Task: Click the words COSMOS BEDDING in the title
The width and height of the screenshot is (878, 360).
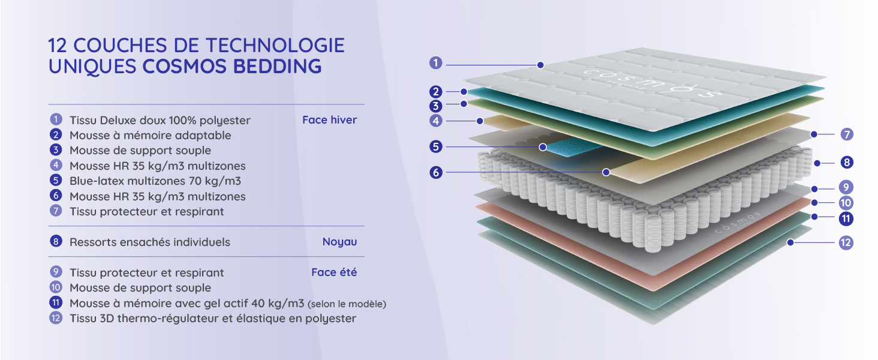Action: click(x=232, y=66)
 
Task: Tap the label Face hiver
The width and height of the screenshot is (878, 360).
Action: click(x=329, y=120)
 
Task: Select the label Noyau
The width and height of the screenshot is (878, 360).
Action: click(x=339, y=242)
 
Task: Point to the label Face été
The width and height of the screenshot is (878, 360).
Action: click(x=334, y=272)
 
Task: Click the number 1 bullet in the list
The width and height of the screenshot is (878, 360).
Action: click(x=56, y=120)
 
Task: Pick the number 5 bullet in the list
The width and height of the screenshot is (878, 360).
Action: click(x=56, y=180)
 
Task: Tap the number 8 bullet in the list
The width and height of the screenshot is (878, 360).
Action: click(x=56, y=242)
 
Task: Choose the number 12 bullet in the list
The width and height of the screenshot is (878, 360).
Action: click(x=56, y=318)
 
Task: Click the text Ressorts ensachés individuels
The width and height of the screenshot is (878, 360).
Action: click(x=150, y=242)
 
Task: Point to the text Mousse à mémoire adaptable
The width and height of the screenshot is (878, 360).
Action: click(x=150, y=136)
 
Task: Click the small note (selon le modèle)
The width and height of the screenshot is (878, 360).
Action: click(x=347, y=304)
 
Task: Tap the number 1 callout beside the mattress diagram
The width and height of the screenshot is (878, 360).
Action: click(x=436, y=62)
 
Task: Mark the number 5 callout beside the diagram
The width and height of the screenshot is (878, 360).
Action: click(x=436, y=146)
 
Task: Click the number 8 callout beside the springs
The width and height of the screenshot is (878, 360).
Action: click(x=846, y=162)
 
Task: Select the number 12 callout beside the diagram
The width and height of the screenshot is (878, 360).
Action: click(x=846, y=243)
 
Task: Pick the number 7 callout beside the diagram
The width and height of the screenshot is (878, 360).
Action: click(x=846, y=134)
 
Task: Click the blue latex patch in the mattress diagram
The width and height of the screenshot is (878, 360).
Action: click(x=564, y=147)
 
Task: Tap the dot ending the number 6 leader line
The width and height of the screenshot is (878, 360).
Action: click(x=606, y=172)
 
